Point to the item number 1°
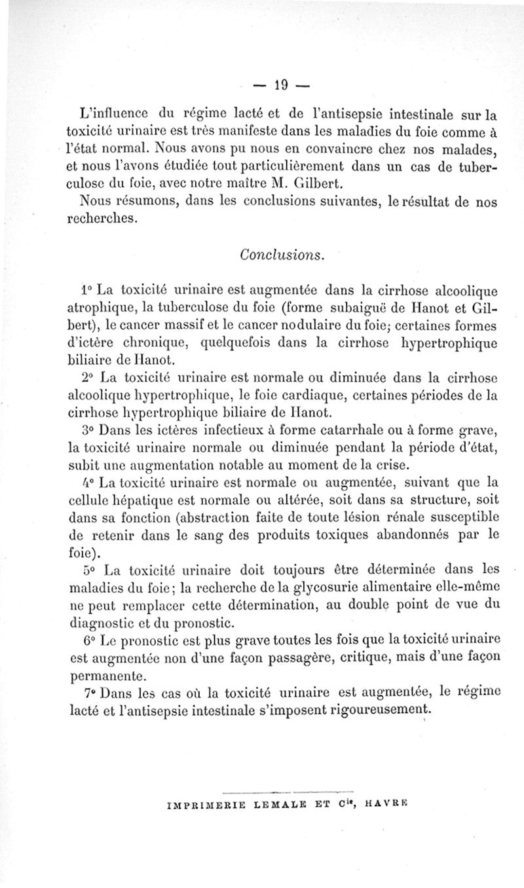(x=86, y=289)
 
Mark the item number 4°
(x=86, y=483)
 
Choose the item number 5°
(x=86, y=572)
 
